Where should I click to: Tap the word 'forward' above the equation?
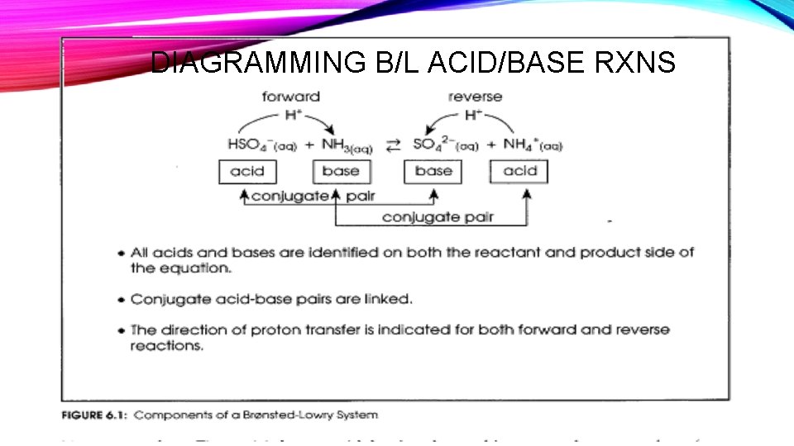click(x=290, y=97)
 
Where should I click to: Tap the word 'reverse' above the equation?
click(x=475, y=97)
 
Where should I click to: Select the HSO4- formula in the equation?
click(x=258, y=145)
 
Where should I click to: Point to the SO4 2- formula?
click(x=444, y=145)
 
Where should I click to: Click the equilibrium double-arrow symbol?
click(x=394, y=145)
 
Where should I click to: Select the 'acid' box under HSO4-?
click(x=247, y=172)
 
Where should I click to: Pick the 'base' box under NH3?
click(x=341, y=172)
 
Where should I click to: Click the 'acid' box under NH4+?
click(x=519, y=172)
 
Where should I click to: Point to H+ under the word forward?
click(x=292, y=114)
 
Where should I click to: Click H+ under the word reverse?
click(x=472, y=114)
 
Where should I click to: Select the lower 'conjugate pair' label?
click(x=438, y=217)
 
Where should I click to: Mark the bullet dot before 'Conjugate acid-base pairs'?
click(x=122, y=299)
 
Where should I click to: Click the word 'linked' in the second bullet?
click(x=389, y=298)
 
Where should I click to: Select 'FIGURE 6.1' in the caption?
click(x=92, y=415)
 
